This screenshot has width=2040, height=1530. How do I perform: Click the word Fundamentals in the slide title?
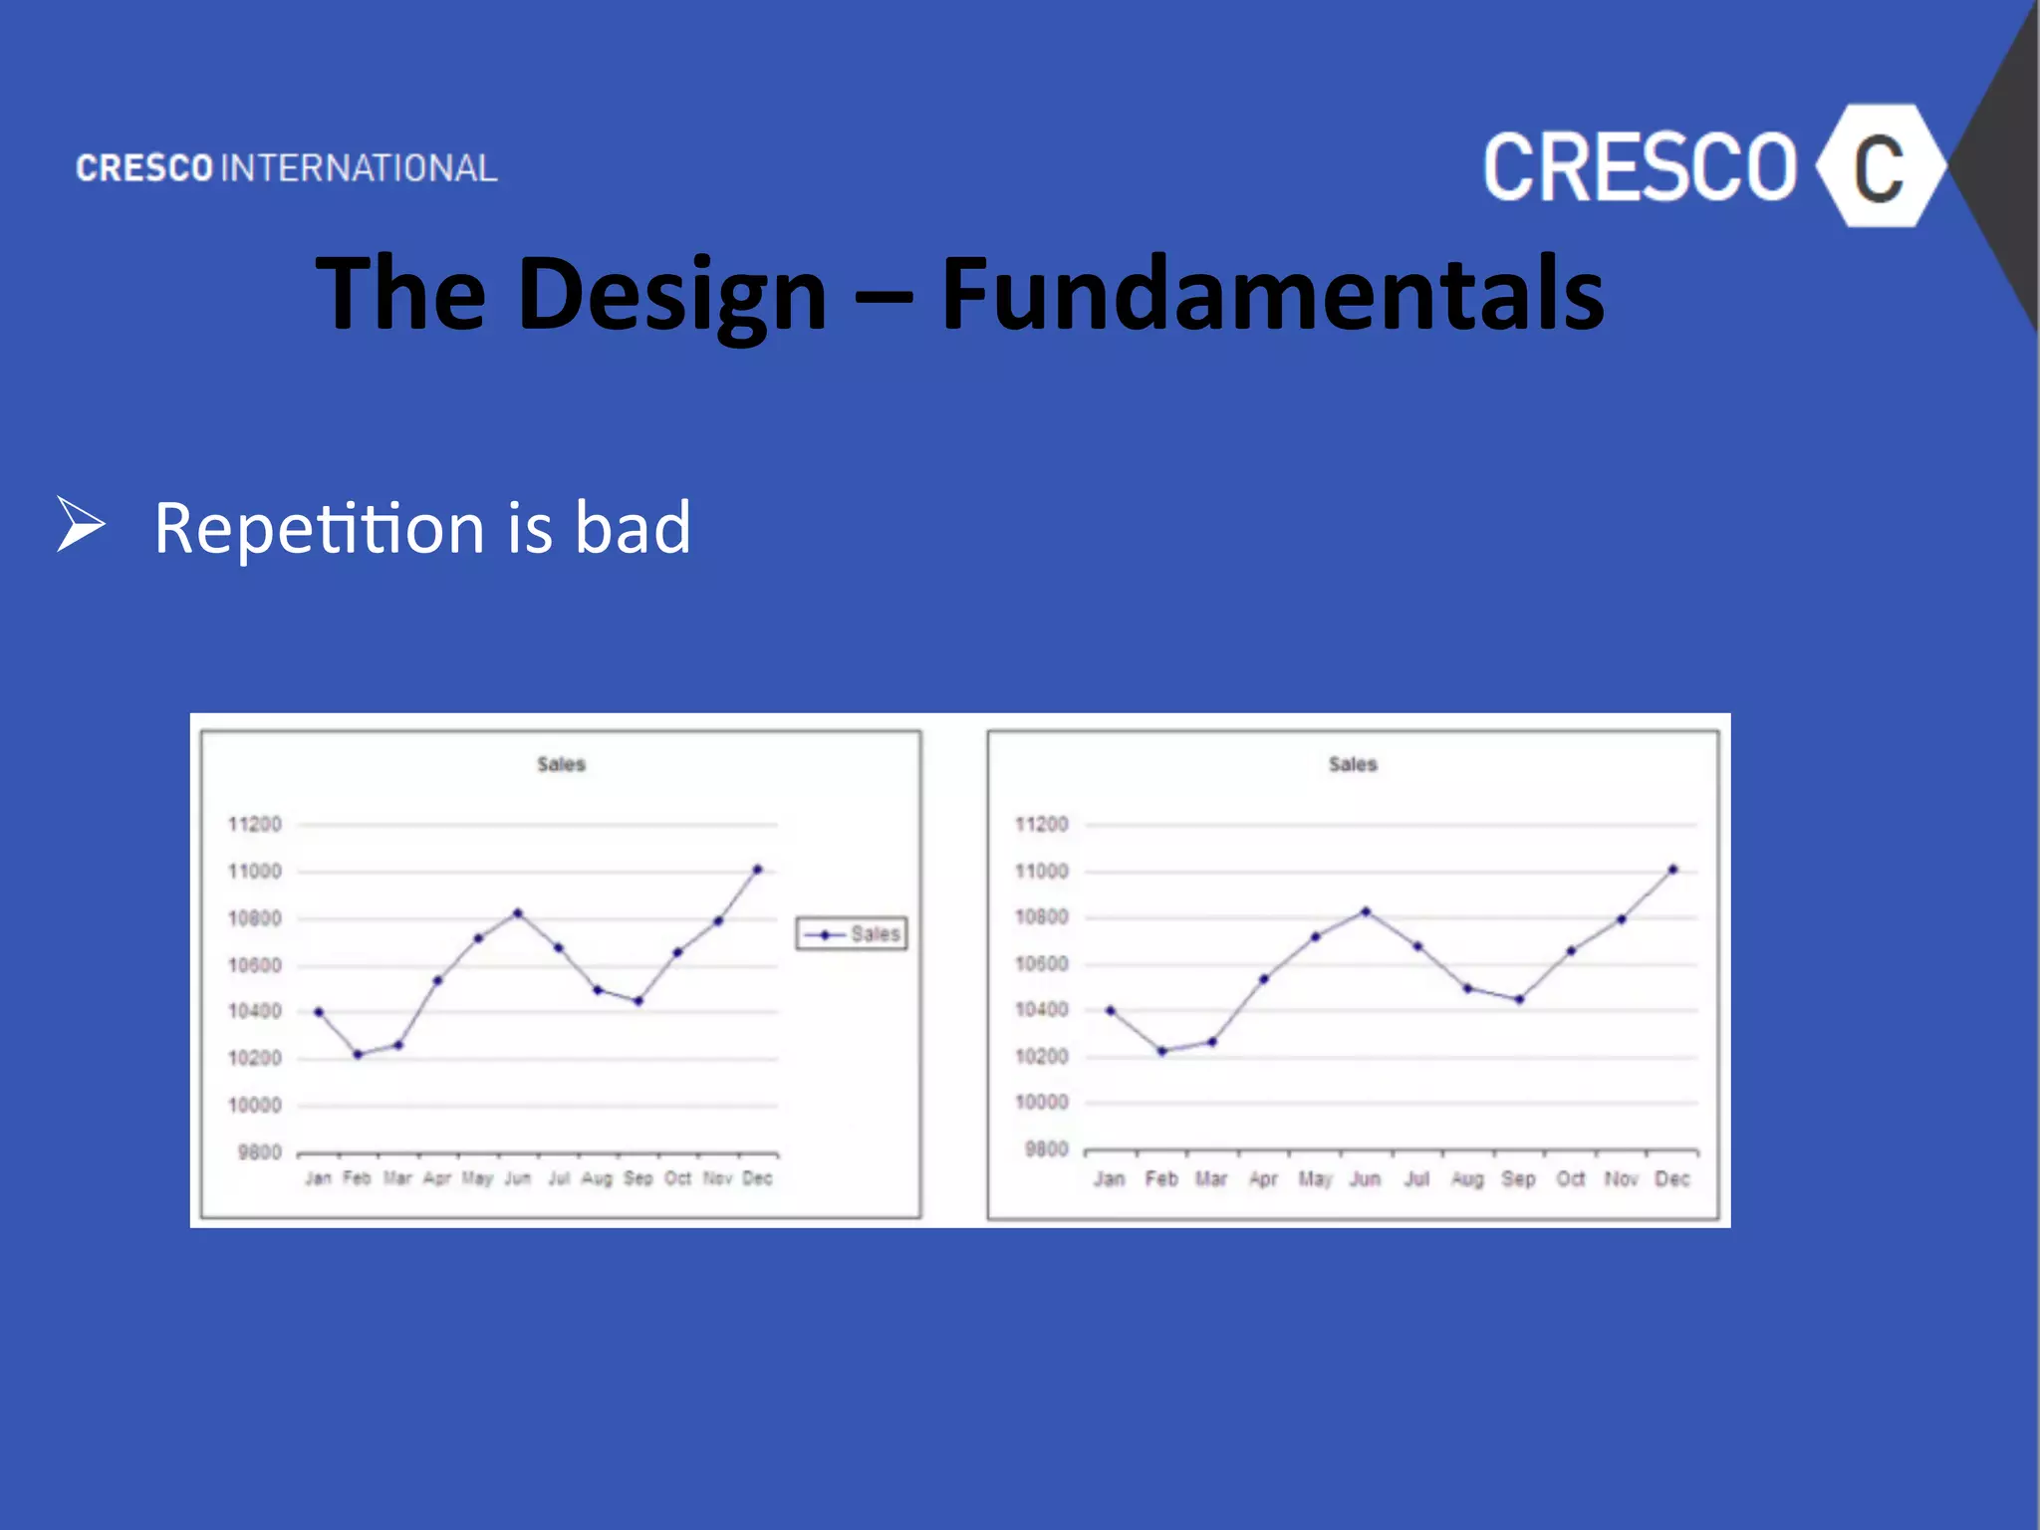tap(1272, 294)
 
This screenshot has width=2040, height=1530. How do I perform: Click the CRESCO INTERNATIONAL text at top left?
tap(287, 168)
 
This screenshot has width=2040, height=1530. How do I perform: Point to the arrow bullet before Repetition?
tap(81, 524)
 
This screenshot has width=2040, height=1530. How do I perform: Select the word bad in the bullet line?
tap(633, 528)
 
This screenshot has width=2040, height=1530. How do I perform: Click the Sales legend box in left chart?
tap(852, 934)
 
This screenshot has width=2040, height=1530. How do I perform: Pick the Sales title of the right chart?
tap(1352, 765)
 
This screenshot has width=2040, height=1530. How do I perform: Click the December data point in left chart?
tap(757, 870)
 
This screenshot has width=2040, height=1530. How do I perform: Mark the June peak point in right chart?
tap(1366, 911)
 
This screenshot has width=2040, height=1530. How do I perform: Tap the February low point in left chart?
tap(359, 1054)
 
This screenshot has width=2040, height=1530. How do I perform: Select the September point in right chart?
tap(1519, 999)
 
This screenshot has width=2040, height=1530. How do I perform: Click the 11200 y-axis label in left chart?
tap(255, 825)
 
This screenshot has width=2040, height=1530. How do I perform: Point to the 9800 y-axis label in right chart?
tap(1046, 1149)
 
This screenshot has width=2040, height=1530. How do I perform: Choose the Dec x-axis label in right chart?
tap(1671, 1179)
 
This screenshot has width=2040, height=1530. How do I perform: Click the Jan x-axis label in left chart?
tap(318, 1178)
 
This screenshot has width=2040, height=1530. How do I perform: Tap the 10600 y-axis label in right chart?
tap(1041, 964)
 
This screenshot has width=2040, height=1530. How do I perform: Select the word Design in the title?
tap(671, 294)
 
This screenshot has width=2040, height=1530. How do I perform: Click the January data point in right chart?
tap(1111, 1010)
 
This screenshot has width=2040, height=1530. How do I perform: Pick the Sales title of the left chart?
tap(561, 765)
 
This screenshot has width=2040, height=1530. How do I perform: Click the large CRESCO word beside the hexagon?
tap(1640, 167)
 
